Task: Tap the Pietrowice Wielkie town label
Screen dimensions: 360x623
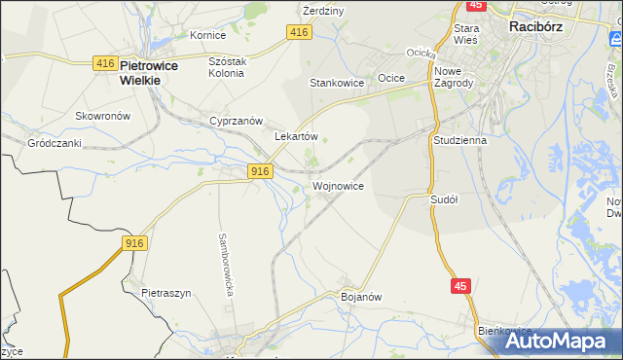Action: point(139,74)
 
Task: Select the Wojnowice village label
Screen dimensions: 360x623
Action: point(339,185)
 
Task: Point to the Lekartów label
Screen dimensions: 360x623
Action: point(297,137)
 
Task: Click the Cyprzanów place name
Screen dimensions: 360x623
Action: point(237,121)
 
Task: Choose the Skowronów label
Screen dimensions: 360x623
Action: point(102,116)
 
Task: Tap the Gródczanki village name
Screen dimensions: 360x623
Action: point(54,142)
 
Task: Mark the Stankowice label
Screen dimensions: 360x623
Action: point(337,84)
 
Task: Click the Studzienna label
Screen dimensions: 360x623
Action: point(458,140)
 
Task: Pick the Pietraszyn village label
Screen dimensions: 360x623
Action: point(164,292)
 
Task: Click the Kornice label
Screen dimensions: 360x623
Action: point(207,35)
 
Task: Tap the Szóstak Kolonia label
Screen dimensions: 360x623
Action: point(231,67)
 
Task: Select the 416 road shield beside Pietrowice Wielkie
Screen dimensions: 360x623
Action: point(106,63)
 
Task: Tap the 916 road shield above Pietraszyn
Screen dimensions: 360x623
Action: point(134,242)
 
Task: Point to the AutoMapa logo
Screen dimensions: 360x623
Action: point(558,342)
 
